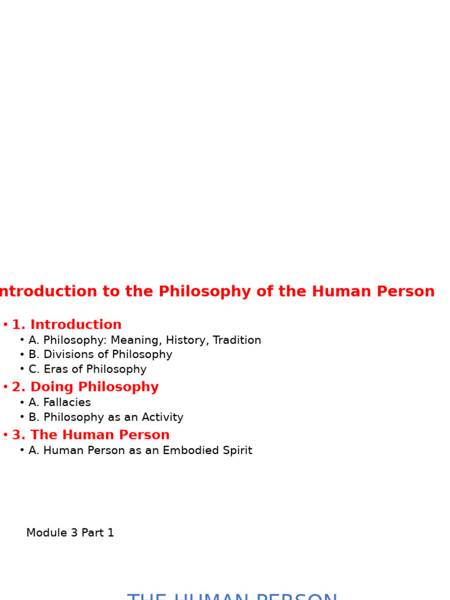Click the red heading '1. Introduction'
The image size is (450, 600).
click(x=66, y=325)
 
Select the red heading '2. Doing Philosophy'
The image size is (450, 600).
click(x=85, y=387)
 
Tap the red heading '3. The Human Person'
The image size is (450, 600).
click(x=90, y=435)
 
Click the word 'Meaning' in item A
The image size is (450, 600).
click(x=136, y=340)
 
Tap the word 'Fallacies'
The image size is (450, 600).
click(x=67, y=403)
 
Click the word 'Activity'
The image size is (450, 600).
click(x=161, y=418)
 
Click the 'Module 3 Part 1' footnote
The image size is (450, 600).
click(x=70, y=533)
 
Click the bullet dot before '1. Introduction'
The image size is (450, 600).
click(x=5, y=325)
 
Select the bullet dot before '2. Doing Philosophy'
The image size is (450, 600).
click(x=5, y=388)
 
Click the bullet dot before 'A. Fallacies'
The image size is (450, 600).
click(x=22, y=403)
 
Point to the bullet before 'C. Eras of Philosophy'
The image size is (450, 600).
click(x=22, y=370)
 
